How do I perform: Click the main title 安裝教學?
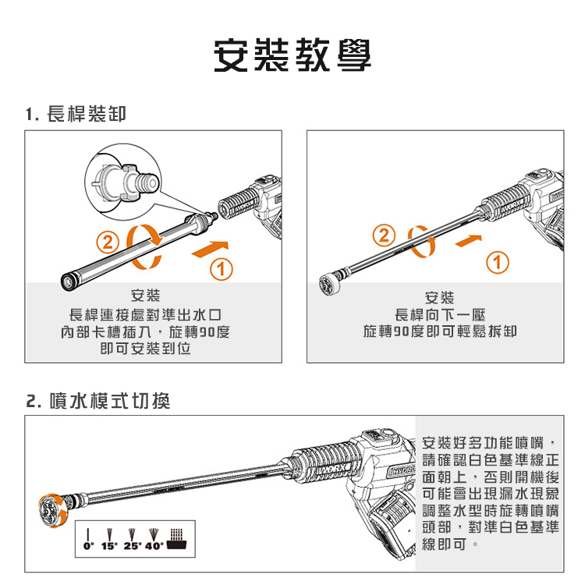coord(292,55)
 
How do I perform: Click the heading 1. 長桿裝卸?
coord(76,114)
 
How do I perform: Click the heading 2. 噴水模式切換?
coord(98,401)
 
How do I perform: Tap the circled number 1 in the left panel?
coord(222,269)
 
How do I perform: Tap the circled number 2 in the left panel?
coord(108,243)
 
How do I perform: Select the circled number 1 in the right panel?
coord(498,263)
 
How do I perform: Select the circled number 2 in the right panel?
coord(384,236)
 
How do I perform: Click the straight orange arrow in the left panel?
coord(210,250)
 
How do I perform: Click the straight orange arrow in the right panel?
coord(469,241)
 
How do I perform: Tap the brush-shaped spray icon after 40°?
coord(177,539)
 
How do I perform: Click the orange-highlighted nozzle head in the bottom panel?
coord(54,510)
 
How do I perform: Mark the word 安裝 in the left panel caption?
coord(146,296)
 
